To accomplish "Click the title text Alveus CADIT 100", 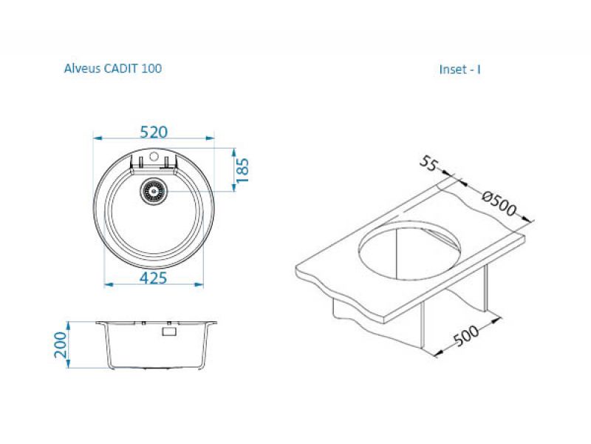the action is (x=113, y=68).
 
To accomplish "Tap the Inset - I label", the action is (x=460, y=70).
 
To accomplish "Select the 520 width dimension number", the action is (x=154, y=132).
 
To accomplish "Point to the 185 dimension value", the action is (x=243, y=170).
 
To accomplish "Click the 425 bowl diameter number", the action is (x=154, y=278).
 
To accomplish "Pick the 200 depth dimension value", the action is (x=61, y=345).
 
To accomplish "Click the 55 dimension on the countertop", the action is (x=429, y=164).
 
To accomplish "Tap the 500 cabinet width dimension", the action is (x=466, y=336).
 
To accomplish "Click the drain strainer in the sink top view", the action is (x=154, y=191).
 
